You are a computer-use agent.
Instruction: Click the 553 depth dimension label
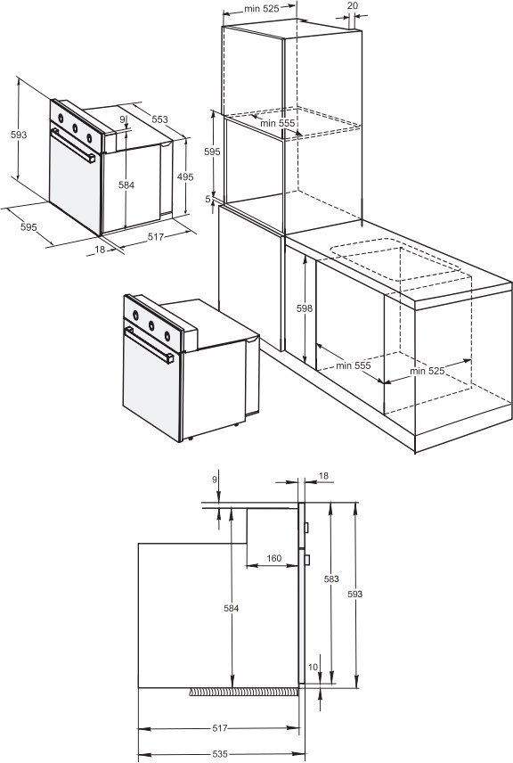tap(159, 119)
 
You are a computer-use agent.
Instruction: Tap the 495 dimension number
tap(185, 176)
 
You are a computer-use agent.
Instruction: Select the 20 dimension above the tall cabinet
tap(353, 5)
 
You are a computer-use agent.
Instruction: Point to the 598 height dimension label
tap(305, 308)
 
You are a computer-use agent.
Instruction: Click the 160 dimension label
tap(274, 558)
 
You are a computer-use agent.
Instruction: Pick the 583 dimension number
tap(331, 578)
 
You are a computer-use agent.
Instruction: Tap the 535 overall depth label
tap(220, 754)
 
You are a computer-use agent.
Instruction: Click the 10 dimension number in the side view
tap(313, 667)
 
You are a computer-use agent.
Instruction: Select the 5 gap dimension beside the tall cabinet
tap(208, 199)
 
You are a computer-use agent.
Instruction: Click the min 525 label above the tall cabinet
tap(262, 8)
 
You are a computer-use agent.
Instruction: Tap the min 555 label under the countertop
tap(353, 365)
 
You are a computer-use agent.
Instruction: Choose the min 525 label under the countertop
tap(427, 371)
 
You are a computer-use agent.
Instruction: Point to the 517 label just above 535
tap(220, 728)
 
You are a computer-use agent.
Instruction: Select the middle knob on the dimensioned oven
tap(76, 128)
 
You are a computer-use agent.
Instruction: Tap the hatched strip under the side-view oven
tap(244, 693)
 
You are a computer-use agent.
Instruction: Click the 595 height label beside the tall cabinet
tap(212, 152)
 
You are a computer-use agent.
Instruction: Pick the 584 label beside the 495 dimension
tap(126, 185)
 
